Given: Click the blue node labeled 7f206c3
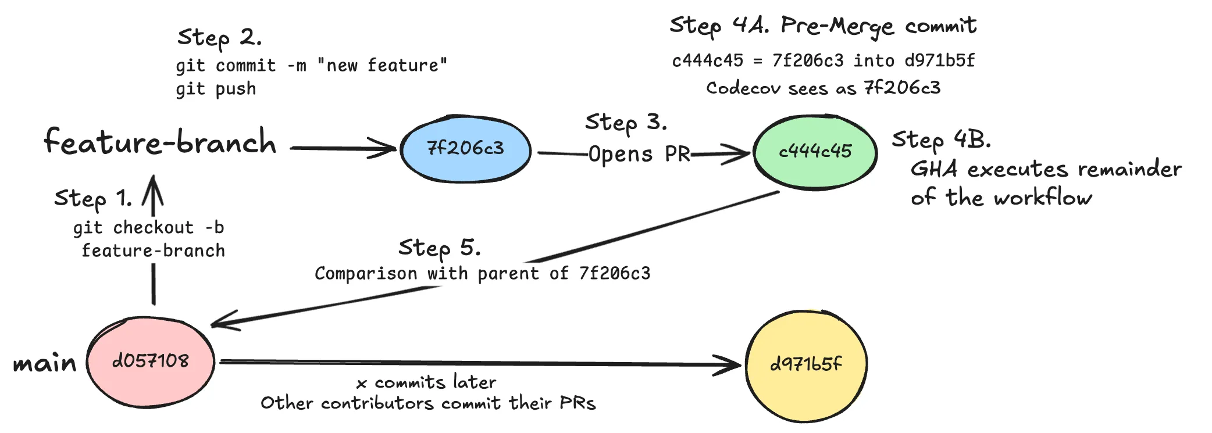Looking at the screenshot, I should [x=465, y=149].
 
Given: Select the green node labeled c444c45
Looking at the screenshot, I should [x=815, y=152].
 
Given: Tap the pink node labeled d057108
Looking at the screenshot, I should [x=151, y=362].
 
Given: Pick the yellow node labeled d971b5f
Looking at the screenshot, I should [x=806, y=365].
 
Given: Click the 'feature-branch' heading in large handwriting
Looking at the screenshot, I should [x=160, y=142].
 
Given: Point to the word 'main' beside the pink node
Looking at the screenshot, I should [x=45, y=364].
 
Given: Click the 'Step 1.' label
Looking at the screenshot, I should [x=93, y=199].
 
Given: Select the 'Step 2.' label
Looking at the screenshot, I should [x=219, y=38].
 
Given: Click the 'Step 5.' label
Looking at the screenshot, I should [x=439, y=249].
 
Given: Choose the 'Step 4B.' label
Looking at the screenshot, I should [x=941, y=140].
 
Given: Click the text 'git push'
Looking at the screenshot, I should [x=216, y=90].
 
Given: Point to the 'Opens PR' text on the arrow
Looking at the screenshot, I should [x=639, y=155].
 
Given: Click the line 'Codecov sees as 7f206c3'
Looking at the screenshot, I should [x=823, y=88].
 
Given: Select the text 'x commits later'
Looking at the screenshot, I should [x=426, y=382].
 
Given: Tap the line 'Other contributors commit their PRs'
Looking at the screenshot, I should [x=428, y=403].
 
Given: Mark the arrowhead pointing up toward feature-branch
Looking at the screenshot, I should [x=153, y=185].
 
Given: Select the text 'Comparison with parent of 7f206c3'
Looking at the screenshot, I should [x=482, y=274].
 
